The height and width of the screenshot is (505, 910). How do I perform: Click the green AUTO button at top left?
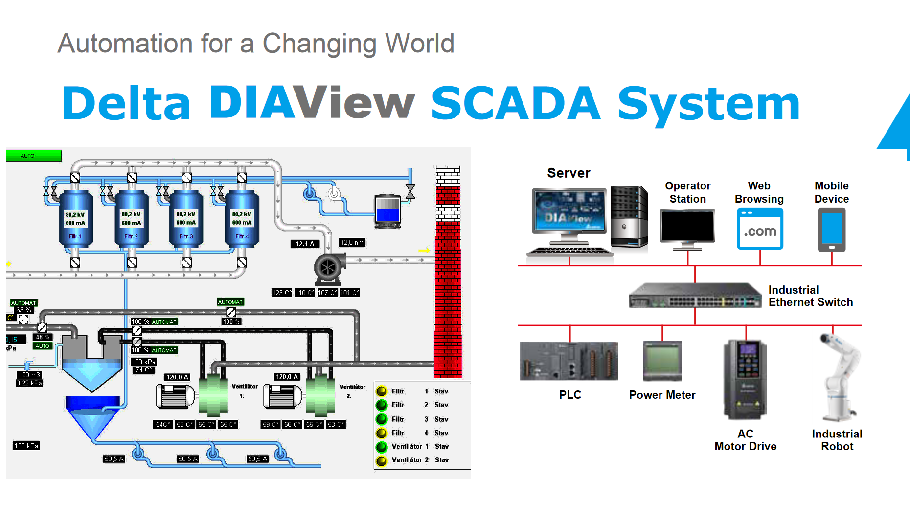[33, 156]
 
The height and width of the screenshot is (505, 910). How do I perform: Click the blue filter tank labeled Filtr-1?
[75, 219]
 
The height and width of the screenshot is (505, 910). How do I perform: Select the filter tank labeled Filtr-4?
[242, 219]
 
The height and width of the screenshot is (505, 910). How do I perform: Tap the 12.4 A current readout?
[305, 244]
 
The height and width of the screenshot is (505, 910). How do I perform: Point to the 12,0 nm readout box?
[352, 242]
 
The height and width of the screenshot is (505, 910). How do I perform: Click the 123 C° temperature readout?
[282, 293]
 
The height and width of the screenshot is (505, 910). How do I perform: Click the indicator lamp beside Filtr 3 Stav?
[382, 419]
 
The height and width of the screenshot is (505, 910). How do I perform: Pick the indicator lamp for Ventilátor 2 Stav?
[382, 460]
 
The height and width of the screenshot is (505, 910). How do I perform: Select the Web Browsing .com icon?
[760, 229]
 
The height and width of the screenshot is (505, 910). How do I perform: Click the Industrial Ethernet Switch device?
[695, 296]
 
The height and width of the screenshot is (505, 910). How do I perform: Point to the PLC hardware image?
[569, 362]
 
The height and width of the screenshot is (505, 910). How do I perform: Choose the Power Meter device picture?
[662, 361]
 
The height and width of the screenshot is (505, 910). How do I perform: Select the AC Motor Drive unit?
[745, 379]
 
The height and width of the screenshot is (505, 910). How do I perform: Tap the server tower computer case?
[629, 216]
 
